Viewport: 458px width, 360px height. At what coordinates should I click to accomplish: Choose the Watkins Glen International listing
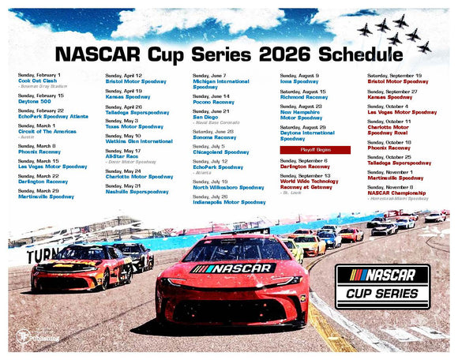click(x=138, y=141)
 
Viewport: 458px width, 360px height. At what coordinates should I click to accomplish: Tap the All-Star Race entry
click(x=123, y=156)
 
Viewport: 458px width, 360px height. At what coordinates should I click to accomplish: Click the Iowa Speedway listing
click(x=299, y=81)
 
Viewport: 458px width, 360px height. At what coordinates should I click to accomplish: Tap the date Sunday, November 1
click(x=392, y=171)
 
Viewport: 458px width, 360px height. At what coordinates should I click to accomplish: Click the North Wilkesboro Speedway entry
click(x=229, y=187)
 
